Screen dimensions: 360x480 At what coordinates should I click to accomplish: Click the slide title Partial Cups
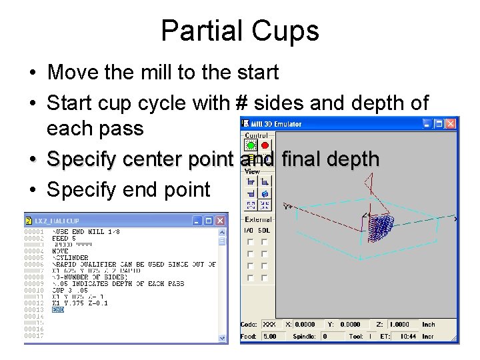[240, 31]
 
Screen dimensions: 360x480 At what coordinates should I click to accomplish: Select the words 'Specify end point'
[128, 189]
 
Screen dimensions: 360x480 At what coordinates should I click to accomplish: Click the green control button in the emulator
[251, 145]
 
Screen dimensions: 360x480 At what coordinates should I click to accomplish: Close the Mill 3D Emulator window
[452, 124]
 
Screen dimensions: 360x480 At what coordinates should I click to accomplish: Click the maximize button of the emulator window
[440, 124]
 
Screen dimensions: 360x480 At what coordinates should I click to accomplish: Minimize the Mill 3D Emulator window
[428, 124]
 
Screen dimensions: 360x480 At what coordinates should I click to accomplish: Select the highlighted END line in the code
[58, 310]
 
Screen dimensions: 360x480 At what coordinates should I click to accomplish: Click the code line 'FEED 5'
[65, 238]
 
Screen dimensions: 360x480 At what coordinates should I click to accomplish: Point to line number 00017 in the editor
[33, 335]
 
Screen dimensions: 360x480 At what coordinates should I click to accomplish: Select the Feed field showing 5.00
[269, 337]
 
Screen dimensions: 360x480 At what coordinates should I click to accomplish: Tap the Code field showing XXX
[269, 325]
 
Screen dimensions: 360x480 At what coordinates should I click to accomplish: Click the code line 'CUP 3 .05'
[70, 291]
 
